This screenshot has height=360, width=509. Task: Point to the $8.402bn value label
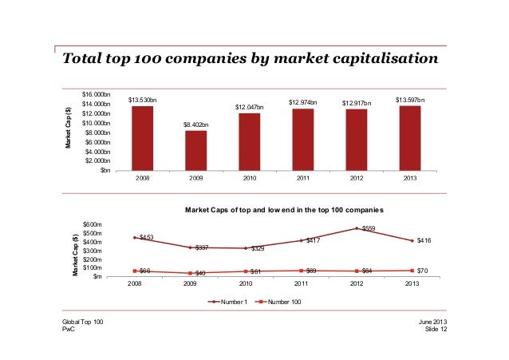196,125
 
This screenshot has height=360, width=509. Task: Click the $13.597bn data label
410,100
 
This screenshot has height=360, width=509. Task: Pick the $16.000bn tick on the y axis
97,95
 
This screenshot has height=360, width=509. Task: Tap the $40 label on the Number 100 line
200,274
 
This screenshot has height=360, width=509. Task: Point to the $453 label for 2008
146,237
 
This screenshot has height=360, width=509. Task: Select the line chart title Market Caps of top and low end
285,209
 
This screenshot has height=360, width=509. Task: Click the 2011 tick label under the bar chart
303,179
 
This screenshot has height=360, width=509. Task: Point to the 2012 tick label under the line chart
357,283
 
